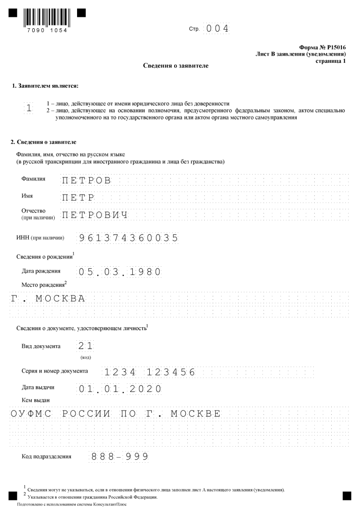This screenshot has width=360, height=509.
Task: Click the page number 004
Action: pyautogui.click(x=217, y=29)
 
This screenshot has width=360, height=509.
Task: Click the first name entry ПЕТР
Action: pyautogui.click(x=78, y=197)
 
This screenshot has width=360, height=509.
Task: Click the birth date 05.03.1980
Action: pyautogui.click(x=119, y=272)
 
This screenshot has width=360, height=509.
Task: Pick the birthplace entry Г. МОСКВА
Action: pyautogui.click(x=47, y=298)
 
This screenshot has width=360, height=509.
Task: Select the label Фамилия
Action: pyautogui.click(x=34, y=179)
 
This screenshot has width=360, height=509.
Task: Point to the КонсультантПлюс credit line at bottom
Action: pyautogui.click(x=71, y=505)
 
